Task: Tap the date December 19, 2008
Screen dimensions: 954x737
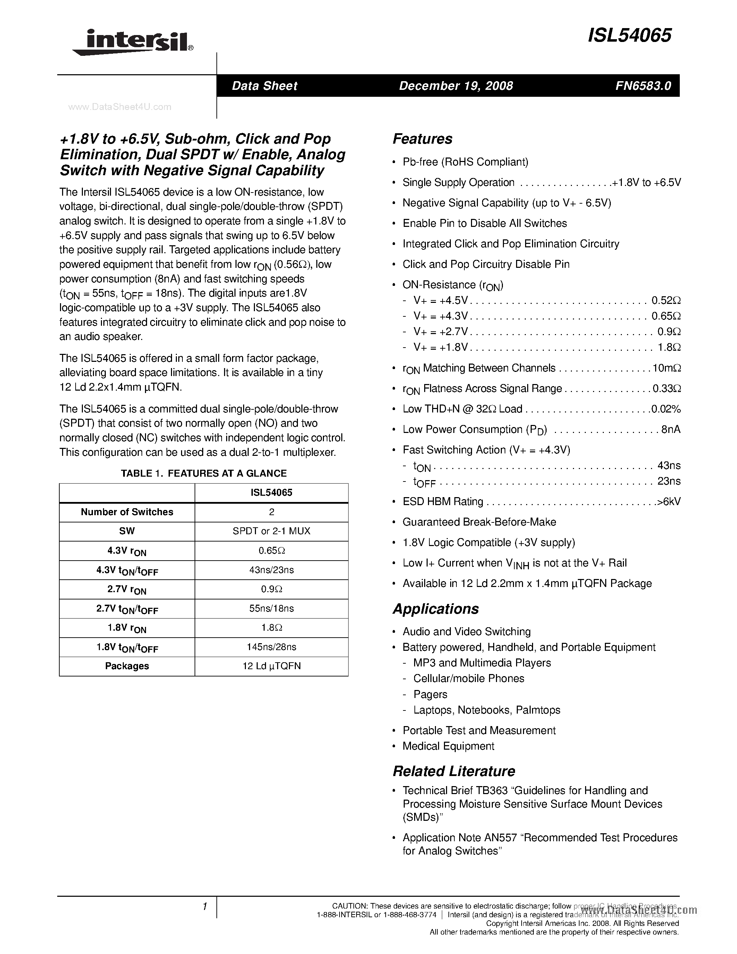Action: click(456, 86)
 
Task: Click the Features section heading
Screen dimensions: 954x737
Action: click(422, 139)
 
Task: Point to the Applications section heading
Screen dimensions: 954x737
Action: click(435, 609)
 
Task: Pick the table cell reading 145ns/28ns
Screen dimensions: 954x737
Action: click(271, 647)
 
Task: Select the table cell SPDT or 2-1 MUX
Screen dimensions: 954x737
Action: click(271, 531)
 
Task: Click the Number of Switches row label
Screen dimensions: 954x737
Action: click(127, 512)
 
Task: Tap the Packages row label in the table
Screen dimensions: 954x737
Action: click(127, 666)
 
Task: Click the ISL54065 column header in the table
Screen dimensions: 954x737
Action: click(271, 493)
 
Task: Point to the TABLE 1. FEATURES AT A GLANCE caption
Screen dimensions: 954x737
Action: click(204, 474)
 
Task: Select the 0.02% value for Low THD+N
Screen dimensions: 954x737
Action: click(666, 409)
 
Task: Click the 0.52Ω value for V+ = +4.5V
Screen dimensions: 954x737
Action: click(666, 300)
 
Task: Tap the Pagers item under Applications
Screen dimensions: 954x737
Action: click(430, 695)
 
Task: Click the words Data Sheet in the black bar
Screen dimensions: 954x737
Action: click(264, 86)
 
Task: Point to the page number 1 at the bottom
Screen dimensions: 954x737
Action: click(204, 907)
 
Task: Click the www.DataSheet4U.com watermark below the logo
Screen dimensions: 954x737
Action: click(120, 107)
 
